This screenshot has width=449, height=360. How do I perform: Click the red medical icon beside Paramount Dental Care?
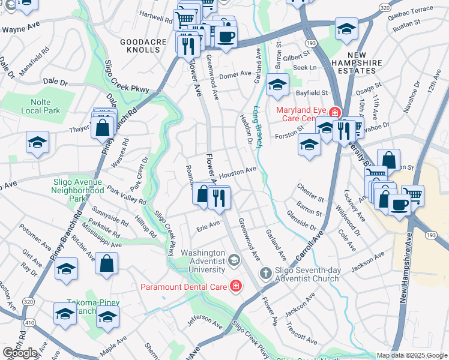pos(236,286)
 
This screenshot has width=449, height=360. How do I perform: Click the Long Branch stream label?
pos(257,127)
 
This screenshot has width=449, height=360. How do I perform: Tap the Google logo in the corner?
pos(20,353)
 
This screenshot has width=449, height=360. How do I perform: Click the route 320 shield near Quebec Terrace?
pos(384,6)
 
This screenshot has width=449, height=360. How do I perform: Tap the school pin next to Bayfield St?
pos(277,85)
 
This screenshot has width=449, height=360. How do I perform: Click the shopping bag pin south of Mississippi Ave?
pos(106,263)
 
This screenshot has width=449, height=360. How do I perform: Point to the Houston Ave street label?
pos(237,172)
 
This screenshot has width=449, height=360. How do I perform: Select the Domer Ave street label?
pos(235,74)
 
